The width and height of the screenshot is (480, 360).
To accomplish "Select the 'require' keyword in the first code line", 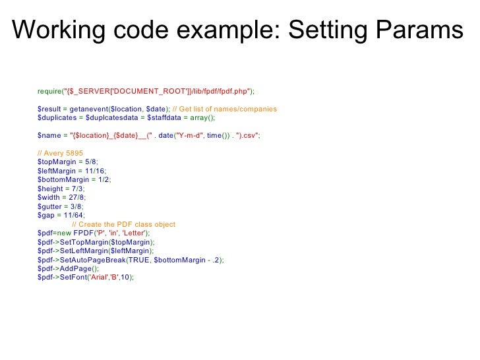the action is tap(49, 90).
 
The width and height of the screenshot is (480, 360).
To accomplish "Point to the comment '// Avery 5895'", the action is tap(60, 153).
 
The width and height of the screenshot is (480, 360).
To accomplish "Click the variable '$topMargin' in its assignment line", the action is tap(55, 162).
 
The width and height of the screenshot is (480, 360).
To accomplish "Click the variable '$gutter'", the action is tap(50, 206).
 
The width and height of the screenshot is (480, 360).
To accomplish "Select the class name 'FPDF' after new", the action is tap(84, 233).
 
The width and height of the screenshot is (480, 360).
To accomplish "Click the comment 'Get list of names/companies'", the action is tap(228, 109).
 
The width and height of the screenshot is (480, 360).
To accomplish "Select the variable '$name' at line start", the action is tap(48, 135).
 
